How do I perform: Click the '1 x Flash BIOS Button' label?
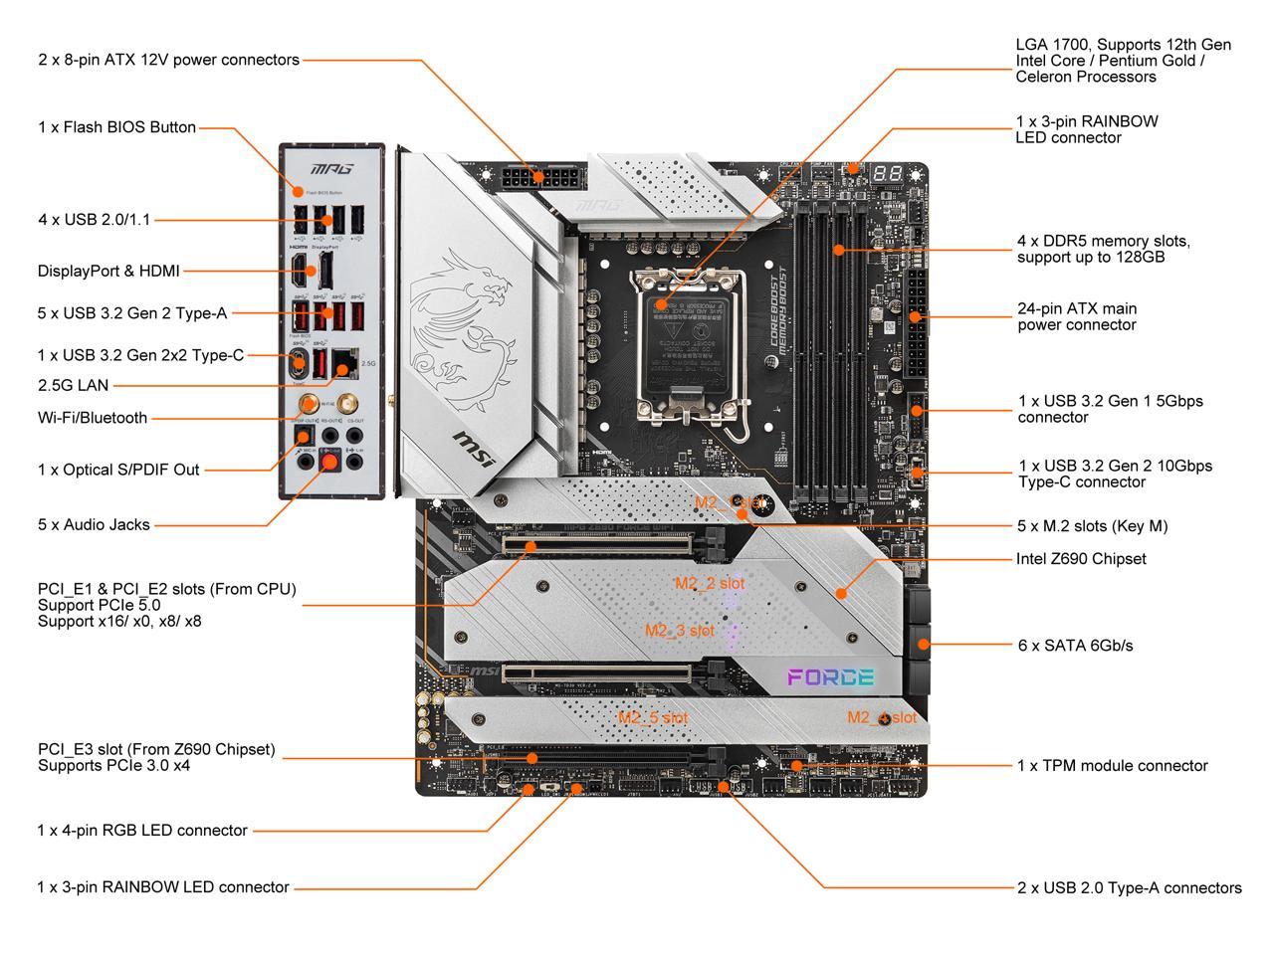tap(116, 127)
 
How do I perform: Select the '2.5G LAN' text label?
tap(73, 385)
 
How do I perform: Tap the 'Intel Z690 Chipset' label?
tap(1080, 559)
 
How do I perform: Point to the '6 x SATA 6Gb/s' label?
tap(1075, 646)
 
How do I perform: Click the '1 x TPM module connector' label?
tap(1112, 766)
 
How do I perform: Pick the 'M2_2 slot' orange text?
tap(709, 584)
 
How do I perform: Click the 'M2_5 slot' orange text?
tap(652, 717)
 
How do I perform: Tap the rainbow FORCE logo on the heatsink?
tap(830, 677)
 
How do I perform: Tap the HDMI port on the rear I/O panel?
tap(299, 269)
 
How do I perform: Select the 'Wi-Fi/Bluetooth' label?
tap(93, 418)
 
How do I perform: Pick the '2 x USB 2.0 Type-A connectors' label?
tap(1129, 888)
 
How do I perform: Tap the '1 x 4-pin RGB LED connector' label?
tap(142, 831)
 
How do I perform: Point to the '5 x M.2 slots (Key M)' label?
tap(1091, 526)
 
